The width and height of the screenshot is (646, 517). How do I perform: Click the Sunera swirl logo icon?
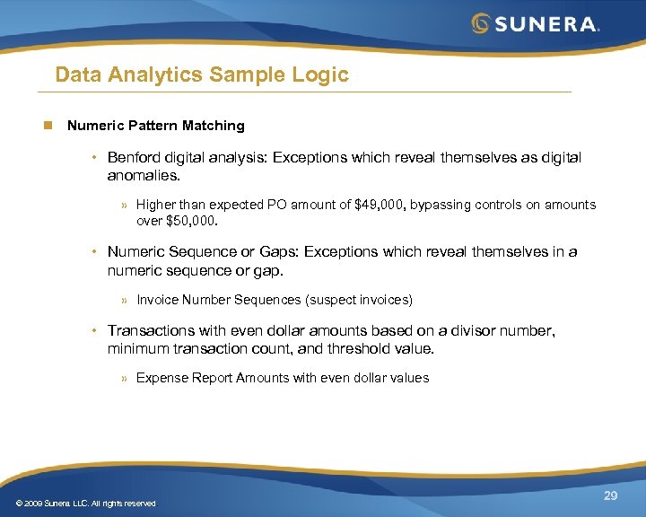[482, 23]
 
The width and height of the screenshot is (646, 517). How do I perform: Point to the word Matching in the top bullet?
[212, 126]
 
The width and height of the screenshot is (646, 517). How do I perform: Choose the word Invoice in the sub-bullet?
[157, 300]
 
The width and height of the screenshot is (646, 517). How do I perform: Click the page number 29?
[610, 495]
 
